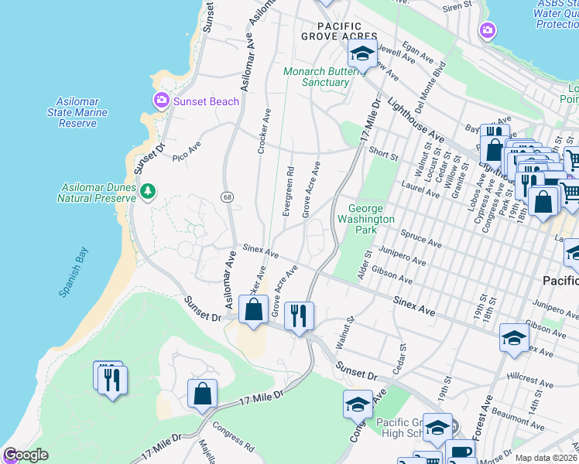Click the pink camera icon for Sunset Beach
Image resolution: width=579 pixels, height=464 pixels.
point(161,100)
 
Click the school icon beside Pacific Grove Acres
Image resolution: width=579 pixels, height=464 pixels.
point(361,54)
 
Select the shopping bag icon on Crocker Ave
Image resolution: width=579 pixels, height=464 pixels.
point(253,309)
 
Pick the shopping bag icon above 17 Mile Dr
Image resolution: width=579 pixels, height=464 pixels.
point(201,394)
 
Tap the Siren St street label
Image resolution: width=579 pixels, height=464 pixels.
point(457,7)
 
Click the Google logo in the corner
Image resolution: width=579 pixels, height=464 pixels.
point(26,455)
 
